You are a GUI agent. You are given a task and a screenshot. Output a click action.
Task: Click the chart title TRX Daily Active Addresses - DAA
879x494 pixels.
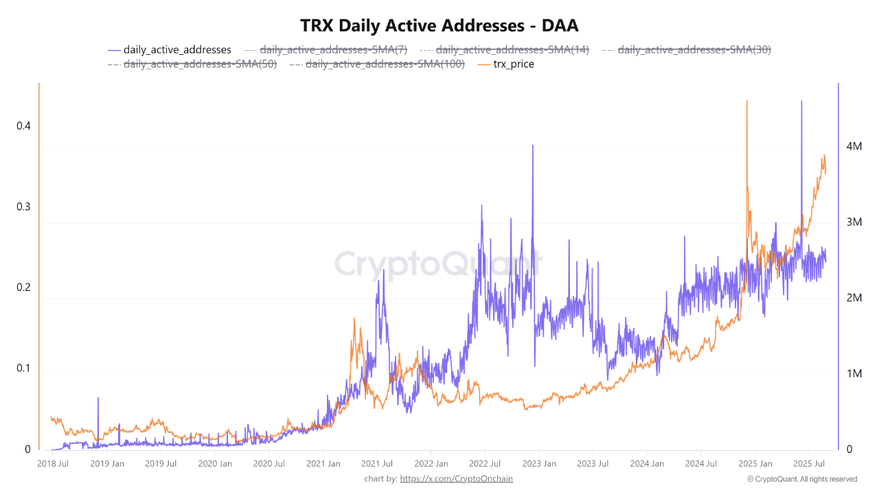[x=439, y=25]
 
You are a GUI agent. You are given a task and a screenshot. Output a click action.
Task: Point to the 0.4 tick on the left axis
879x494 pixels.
[x=24, y=126]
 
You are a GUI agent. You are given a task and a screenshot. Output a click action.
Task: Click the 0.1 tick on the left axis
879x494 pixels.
[x=24, y=368]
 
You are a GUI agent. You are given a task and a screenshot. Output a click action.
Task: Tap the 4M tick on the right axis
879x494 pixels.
[x=854, y=147]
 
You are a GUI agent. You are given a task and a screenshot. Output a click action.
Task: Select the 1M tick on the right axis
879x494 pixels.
[x=854, y=374]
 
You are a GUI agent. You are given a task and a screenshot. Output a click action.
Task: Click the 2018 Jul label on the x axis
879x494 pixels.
[x=53, y=463]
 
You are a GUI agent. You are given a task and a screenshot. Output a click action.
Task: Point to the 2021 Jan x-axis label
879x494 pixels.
[x=323, y=463]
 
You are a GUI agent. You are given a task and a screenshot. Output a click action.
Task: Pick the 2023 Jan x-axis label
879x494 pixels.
[x=538, y=463]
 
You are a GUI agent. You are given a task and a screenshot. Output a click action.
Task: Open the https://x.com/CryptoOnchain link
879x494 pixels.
[x=456, y=478]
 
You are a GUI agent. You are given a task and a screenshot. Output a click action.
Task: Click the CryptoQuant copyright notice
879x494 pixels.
[x=801, y=479]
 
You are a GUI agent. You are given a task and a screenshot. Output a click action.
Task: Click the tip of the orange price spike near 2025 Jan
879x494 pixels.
[x=746, y=101]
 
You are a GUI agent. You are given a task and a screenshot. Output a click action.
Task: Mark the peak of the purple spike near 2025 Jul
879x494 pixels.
[x=801, y=101]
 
